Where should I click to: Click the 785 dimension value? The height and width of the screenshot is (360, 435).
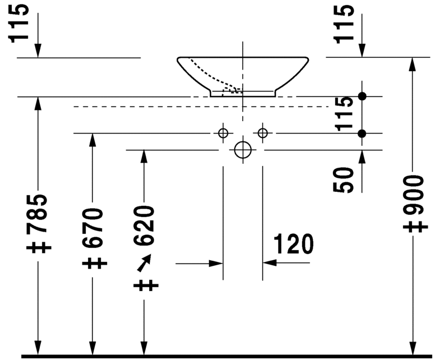click(x=40, y=215)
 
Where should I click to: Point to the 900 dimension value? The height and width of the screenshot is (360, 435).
click(x=414, y=196)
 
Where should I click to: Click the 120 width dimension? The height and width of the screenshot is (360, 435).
click(x=293, y=244)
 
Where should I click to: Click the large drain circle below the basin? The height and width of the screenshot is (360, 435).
click(x=243, y=150)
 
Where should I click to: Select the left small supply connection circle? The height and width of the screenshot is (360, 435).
click(x=223, y=133)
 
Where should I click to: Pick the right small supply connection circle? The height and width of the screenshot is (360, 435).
click(x=263, y=133)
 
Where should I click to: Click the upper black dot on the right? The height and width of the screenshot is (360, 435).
click(x=362, y=96)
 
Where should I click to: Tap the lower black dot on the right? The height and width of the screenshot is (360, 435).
click(x=362, y=133)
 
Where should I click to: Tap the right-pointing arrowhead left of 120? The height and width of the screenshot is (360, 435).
click(x=216, y=262)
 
